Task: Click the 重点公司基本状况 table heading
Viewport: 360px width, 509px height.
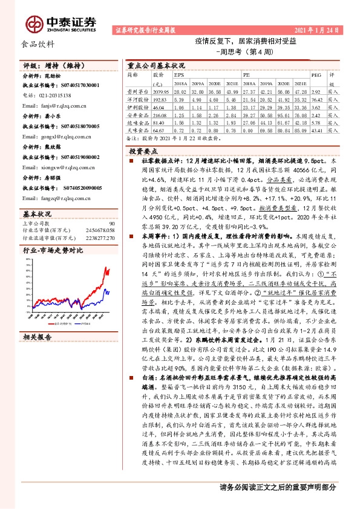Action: [156, 65]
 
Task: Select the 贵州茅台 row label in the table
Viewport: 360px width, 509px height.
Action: [137, 89]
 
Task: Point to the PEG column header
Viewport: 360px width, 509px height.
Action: [315, 75]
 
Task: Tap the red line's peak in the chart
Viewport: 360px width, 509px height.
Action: [108, 267]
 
